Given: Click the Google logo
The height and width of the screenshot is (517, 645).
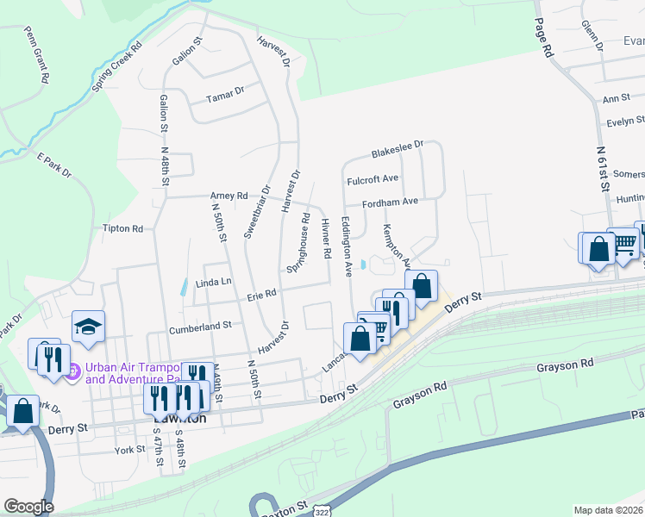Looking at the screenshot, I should tap(28, 507).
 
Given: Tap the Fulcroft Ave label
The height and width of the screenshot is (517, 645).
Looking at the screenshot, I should tap(373, 179).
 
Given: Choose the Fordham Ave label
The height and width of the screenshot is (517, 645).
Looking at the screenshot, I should tap(390, 202).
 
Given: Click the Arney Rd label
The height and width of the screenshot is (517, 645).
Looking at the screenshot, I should tap(229, 195).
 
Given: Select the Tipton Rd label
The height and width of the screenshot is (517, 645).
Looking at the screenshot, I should tap(122, 228).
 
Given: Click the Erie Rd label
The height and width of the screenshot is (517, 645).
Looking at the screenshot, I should tap(260, 295).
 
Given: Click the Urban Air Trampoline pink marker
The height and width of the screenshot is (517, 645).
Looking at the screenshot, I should tap(73, 372).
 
